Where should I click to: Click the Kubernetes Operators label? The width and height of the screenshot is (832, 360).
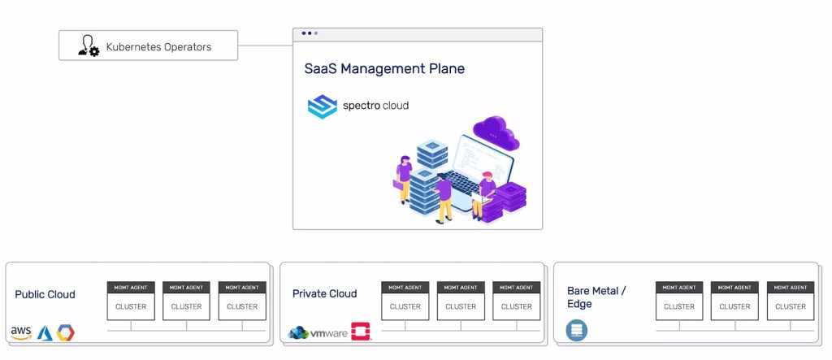[158, 47]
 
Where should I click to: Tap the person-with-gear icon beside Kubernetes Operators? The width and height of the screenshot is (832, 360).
[89, 47]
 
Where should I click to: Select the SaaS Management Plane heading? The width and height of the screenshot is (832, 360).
[384, 69]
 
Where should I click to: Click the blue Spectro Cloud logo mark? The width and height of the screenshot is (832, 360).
[322, 106]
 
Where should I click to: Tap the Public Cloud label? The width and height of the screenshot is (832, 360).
[45, 294]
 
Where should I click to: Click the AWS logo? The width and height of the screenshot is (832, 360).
[21, 333]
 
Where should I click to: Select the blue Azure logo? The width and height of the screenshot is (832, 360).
[45, 333]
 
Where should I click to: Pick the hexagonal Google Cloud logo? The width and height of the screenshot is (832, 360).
[66, 333]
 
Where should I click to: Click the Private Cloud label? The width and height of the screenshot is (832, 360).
[324, 293]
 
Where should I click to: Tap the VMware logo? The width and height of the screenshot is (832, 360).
[318, 333]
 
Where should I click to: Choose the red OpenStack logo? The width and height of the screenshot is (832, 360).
[361, 332]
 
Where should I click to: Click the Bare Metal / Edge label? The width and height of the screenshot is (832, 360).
[596, 297]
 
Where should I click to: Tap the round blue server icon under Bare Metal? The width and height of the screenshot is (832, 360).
[577, 331]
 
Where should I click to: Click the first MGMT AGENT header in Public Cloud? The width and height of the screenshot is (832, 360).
[131, 287]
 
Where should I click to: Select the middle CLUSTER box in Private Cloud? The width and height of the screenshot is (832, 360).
[461, 306]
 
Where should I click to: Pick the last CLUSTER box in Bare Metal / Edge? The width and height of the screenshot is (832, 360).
[791, 306]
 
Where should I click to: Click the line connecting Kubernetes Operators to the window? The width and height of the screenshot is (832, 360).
[265, 46]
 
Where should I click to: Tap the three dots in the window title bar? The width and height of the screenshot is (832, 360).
[310, 33]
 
